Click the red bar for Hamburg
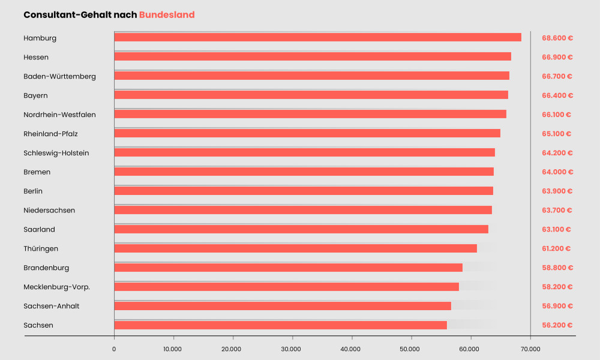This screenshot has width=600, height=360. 317,37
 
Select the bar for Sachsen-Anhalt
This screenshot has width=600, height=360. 283,306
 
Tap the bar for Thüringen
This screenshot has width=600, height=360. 295,248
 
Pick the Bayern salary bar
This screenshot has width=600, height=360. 311,95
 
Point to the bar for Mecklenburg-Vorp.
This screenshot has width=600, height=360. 286,287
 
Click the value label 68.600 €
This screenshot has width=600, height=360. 557,38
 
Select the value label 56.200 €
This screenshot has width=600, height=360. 557,325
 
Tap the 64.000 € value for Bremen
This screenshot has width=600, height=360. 557,172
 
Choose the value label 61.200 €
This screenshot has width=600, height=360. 556,248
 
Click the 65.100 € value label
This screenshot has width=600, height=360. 556,134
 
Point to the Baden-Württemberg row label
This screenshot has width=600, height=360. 59,76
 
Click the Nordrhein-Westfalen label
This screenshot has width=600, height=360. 59,115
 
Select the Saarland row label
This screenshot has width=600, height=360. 39,229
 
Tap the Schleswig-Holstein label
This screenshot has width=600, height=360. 56,153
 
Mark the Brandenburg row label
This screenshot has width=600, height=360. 46,268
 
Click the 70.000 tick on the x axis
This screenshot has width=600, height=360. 530,349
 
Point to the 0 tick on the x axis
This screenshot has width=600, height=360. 114,349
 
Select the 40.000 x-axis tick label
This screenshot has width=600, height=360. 351,349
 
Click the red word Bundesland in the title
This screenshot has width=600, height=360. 167,15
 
